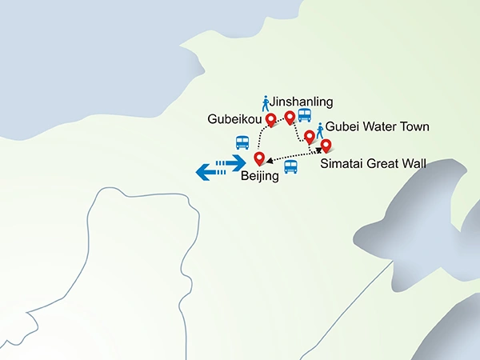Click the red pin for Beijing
point(258,158)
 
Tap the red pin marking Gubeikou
point(270,119)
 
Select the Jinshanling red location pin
point(290,117)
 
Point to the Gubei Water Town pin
point(309,136)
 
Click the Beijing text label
point(260,177)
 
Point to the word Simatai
point(343,165)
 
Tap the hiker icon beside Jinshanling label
point(266,103)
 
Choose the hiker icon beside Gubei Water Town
point(320,130)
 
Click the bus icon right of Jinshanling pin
point(305,114)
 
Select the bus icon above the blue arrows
point(242,142)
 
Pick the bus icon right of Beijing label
point(290,167)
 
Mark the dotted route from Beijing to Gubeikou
point(260,136)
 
